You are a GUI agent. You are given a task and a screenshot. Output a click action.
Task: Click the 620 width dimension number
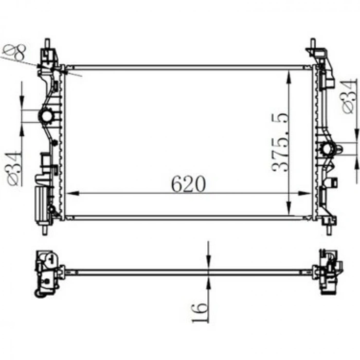click(x=188, y=184)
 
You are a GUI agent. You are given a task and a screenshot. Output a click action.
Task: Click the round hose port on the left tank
click(x=47, y=116)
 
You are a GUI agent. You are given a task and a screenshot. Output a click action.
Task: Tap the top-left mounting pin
click(x=47, y=43)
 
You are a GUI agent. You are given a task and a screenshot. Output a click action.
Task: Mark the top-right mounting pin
click(x=313, y=43)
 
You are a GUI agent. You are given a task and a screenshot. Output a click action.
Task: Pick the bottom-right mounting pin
click(x=329, y=229)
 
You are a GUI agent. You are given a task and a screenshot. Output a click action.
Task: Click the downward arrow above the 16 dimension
click(x=208, y=263)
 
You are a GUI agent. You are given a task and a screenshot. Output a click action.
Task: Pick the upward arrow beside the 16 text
click(x=208, y=281)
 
